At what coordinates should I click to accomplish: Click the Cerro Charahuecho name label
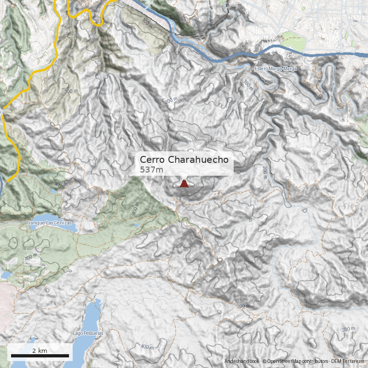click(x=184, y=160)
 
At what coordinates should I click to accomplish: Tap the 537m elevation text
click(x=152, y=170)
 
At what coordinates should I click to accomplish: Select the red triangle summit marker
click(x=184, y=184)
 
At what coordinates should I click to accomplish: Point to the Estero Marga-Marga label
click(x=276, y=69)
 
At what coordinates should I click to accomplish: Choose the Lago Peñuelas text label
click(x=88, y=333)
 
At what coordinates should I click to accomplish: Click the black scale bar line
click(x=40, y=356)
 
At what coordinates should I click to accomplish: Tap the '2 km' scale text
click(x=40, y=351)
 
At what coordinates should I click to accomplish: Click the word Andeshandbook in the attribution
click(x=241, y=362)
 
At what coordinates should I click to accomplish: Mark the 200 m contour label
click(x=265, y=172)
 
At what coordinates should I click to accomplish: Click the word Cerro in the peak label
click(x=153, y=160)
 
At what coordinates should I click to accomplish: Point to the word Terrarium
click(x=353, y=362)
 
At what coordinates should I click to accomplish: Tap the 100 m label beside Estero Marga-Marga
click(x=248, y=85)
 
